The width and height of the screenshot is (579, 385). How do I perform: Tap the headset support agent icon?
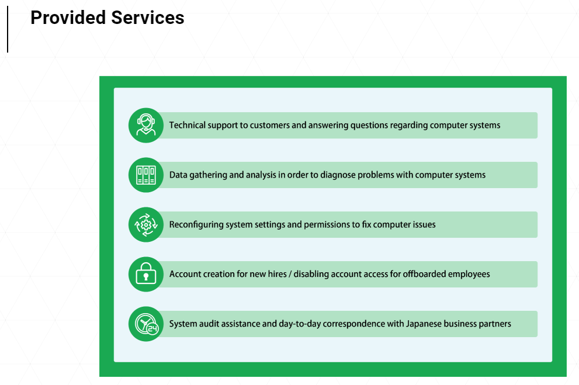tap(146, 125)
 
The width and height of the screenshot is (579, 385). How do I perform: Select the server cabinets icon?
tap(146, 175)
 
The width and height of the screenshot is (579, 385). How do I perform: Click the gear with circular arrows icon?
tap(146, 224)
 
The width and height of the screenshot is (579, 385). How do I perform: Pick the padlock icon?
tap(146, 274)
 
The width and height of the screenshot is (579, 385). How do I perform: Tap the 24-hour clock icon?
tap(146, 324)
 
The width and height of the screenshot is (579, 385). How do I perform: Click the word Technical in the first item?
tap(188, 125)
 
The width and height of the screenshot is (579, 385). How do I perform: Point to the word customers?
tap(270, 125)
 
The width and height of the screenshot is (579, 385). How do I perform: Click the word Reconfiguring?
tap(196, 224)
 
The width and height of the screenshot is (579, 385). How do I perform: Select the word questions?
tap(369, 125)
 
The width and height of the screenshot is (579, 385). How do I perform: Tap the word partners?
tap(494, 324)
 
